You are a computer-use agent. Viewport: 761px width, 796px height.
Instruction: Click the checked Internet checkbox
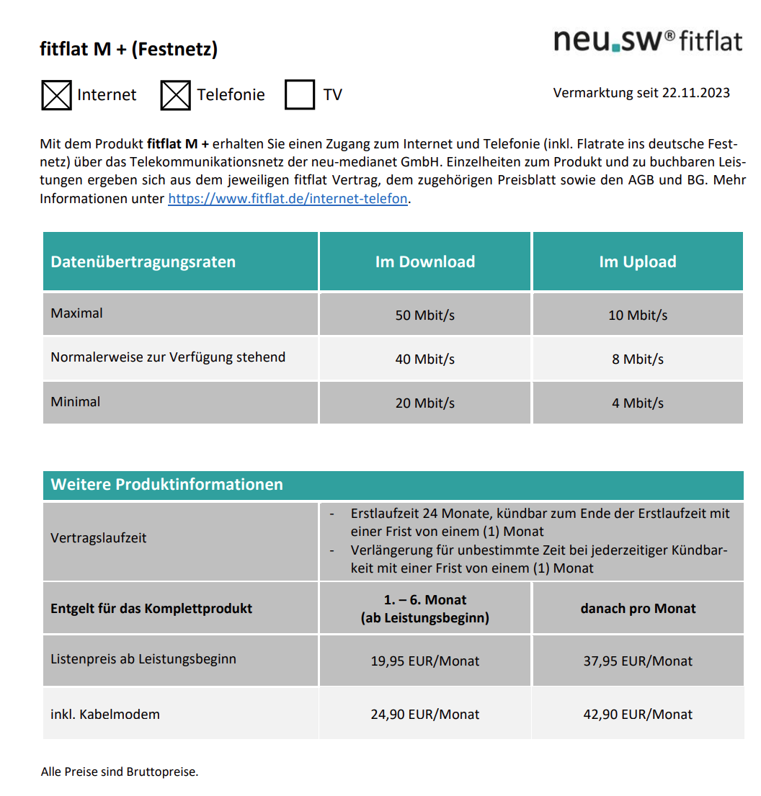[56, 95]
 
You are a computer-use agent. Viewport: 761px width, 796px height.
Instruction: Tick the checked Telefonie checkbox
[175, 95]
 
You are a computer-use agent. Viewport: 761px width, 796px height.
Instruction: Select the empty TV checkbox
[300, 95]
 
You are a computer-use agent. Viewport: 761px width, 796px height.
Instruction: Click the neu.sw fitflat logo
[647, 40]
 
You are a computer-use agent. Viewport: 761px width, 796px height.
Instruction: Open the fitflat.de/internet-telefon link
[288, 199]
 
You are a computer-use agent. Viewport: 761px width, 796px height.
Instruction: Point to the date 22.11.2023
[695, 93]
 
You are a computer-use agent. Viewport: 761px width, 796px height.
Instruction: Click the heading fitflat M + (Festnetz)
[128, 50]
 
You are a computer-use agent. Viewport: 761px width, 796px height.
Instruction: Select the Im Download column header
[425, 261]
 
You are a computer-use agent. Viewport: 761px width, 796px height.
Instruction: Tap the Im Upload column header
[638, 261]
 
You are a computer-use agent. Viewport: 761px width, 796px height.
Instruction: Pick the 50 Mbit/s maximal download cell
[425, 316]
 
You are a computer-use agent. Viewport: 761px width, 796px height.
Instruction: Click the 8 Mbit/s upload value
[638, 359]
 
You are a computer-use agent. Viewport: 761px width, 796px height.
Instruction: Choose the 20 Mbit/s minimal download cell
[425, 403]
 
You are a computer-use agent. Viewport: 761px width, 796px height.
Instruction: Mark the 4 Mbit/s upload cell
[638, 403]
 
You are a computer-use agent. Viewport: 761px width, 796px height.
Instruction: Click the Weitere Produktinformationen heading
[166, 485]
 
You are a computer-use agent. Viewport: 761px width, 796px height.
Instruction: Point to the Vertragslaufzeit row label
[99, 538]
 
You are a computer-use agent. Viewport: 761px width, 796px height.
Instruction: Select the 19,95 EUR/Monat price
[425, 661]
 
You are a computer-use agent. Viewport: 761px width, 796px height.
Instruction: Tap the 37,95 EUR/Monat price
[638, 661]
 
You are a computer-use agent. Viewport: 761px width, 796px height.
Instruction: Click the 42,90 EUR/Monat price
[638, 715]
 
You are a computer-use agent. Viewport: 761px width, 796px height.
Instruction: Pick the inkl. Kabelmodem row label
[105, 715]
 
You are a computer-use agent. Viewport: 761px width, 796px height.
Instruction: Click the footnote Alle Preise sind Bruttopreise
[120, 772]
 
